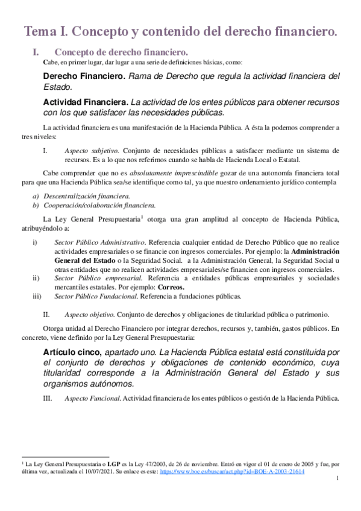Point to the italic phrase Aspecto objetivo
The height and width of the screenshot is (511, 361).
coord(89,314)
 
